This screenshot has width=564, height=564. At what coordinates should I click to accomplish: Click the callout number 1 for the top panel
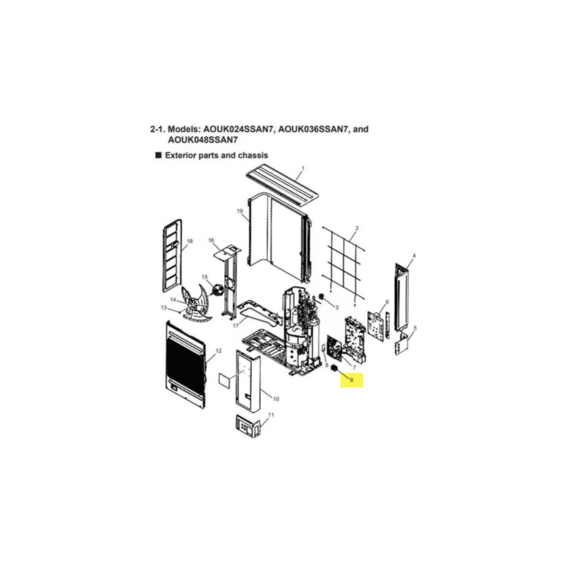click(303, 168)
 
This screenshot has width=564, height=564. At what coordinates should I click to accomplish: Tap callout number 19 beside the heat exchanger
click(240, 211)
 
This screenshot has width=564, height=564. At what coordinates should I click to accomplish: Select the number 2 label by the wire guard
click(357, 228)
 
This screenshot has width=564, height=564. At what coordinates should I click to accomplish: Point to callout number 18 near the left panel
click(190, 241)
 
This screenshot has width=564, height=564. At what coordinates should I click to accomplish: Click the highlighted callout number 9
click(351, 380)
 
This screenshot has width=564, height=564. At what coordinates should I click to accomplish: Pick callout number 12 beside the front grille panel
click(219, 350)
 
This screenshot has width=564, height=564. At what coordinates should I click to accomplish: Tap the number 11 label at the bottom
click(271, 415)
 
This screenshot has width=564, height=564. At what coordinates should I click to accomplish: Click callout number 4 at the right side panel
click(414, 255)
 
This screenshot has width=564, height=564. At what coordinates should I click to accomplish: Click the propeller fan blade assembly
click(196, 303)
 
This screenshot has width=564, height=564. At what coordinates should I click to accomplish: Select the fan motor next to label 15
click(218, 290)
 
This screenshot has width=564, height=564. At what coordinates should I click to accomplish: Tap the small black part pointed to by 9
click(335, 368)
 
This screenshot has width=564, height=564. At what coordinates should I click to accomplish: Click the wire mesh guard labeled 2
click(344, 264)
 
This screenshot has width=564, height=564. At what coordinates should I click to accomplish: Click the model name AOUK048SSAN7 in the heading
click(202, 140)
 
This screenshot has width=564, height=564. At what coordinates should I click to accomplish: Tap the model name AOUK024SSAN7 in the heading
click(238, 129)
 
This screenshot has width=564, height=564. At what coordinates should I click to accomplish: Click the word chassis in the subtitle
click(254, 155)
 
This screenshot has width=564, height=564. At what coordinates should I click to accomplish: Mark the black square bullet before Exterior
click(158, 155)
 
